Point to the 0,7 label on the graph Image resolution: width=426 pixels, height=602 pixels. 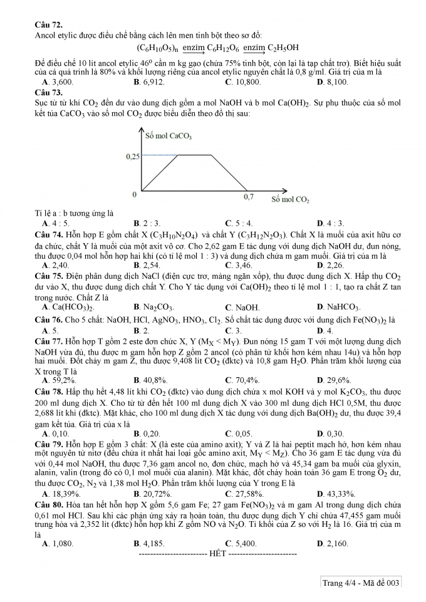(x=249, y=197)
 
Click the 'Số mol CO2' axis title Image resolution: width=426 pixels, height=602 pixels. (x=290, y=200)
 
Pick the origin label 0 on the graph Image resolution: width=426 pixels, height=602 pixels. (x=135, y=195)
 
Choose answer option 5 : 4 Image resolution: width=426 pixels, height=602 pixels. (x=241, y=223)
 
